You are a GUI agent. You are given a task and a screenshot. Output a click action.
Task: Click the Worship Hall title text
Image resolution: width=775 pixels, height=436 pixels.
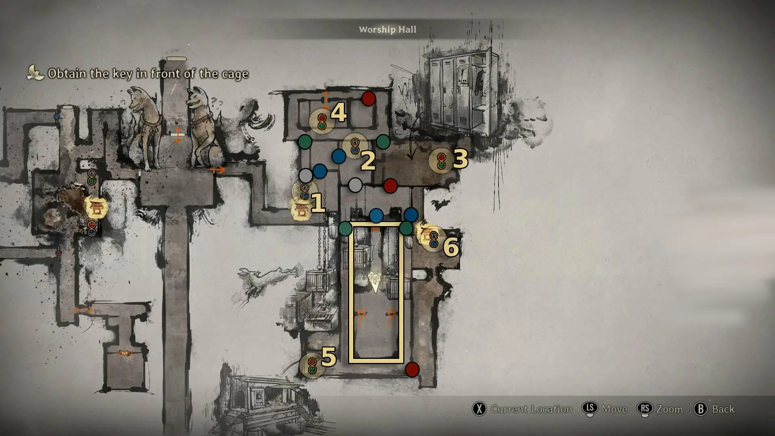pyautogui.click(x=387, y=29)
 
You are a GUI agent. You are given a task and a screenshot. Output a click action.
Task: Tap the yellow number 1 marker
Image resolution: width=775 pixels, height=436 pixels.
pyautogui.click(x=318, y=203)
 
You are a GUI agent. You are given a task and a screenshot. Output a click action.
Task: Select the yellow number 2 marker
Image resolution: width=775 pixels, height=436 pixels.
pyautogui.click(x=368, y=161)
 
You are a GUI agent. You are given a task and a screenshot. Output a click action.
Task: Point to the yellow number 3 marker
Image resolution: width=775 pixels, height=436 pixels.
pyautogui.click(x=460, y=159)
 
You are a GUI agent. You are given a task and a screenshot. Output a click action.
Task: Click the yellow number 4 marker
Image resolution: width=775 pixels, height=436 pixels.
pyautogui.click(x=338, y=113)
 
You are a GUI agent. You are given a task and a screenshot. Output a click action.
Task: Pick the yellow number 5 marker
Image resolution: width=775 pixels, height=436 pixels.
pyautogui.click(x=329, y=357)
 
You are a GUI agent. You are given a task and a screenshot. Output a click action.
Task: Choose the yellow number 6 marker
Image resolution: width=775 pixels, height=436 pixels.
pyautogui.click(x=451, y=247)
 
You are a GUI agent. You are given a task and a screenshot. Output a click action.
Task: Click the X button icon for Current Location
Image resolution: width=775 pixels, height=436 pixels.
pyautogui.click(x=479, y=409)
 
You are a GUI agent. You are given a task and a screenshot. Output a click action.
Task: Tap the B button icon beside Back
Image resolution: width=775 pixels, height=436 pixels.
pyautogui.click(x=701, y=409)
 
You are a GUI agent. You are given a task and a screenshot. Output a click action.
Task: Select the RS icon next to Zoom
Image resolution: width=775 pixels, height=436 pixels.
pyautogui.click(x=645, y=409)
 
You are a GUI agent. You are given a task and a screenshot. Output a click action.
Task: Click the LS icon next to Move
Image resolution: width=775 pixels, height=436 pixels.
pyautogui.click(x=590, y=409)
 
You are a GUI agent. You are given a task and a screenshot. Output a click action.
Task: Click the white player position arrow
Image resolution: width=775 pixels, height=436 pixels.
pyautogui.click(x=375, y=282)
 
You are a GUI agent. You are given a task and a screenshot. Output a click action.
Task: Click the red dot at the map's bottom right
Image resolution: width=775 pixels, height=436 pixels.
pyautogui.click(x=412, y=369)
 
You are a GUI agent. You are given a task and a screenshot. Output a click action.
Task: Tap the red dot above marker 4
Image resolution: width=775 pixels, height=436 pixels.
pyautogui.click(x=368, y=99)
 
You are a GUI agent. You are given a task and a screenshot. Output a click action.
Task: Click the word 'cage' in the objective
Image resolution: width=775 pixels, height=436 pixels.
pyautogui.click(x=235, y=74)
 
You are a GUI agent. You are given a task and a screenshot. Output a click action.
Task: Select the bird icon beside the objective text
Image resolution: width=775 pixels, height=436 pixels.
pyautogui.click(x=36, y=73)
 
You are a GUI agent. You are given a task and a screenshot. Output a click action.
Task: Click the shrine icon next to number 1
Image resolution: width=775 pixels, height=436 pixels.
pyautogui.click(x=300, y=210)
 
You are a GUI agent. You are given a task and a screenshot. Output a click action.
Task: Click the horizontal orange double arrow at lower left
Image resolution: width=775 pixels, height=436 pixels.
pyautogui.click(x=83, y=310)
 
